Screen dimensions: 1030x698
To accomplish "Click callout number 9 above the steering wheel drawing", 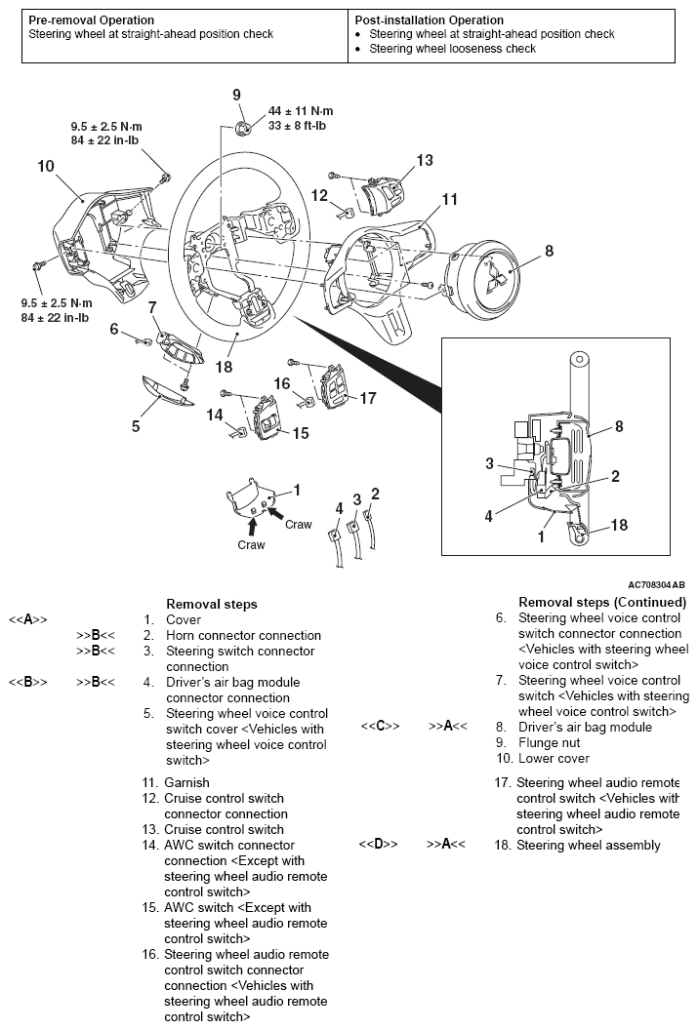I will coord(236,95).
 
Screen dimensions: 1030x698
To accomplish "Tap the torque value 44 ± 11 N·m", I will coord(301,110).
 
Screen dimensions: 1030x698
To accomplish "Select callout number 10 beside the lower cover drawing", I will coord(46,166).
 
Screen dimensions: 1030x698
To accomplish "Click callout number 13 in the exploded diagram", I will coord(424,160).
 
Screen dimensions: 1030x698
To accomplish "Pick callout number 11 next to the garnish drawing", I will coord(449,199).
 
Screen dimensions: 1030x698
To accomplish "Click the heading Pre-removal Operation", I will coord(92,20).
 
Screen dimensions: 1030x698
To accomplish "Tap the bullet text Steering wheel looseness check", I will coord(452,48).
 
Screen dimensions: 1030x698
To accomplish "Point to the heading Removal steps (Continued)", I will coord(602,602).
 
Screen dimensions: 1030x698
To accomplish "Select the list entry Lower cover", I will coord(554,758).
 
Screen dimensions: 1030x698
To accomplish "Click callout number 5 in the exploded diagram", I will coord(136,426).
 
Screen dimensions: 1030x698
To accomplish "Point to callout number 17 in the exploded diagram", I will coord(367,398).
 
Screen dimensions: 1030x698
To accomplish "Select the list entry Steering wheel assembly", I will coord(588,845).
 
